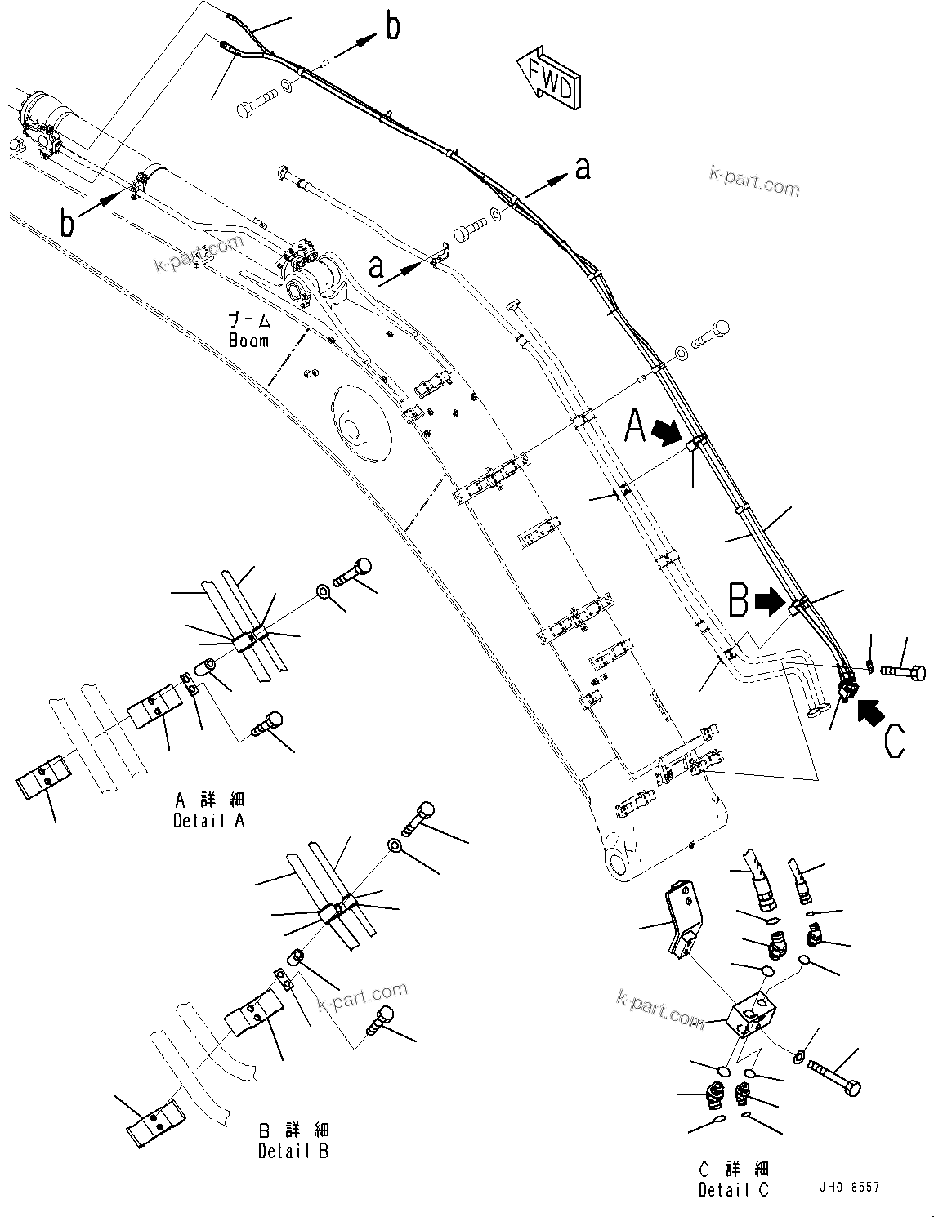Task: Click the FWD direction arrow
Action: [x=548, y=78]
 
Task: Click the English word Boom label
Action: [x=248, y=340]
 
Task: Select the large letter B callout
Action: [x=739, y=601]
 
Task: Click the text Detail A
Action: [x=208, y=821]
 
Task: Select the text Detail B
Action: [x=293, y=1151]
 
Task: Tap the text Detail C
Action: [x=733, y=1190]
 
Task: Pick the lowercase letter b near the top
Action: [x=393, y=27]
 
